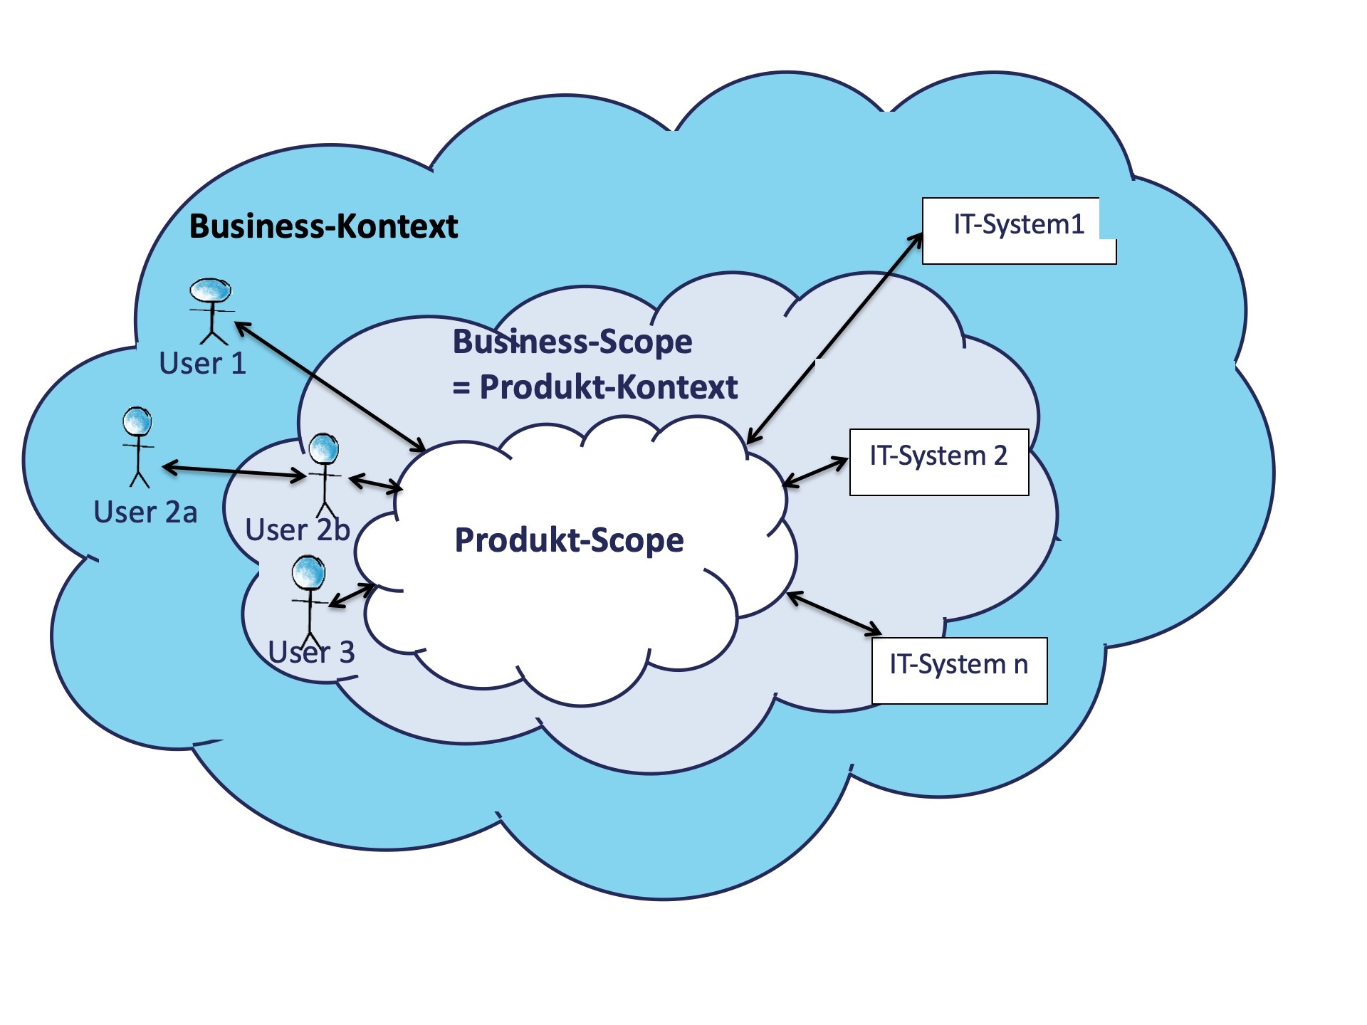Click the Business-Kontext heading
(323, 226)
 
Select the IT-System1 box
(1018, 231)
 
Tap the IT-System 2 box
(938, 462)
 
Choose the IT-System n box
(958, 670)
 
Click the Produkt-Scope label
(569, 540)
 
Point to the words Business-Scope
(572, 342)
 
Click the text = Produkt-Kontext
(595, 387)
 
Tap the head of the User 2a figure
(137, 421)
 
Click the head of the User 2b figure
(324, 448)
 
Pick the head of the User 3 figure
(308, 572)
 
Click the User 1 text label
(202, 364)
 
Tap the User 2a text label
(145, 512)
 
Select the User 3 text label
(312, 652)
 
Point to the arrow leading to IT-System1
(834, 339)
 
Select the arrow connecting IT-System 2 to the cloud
(815, 473)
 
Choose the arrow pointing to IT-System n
(834, 613)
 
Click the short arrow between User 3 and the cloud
(351, 596)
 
